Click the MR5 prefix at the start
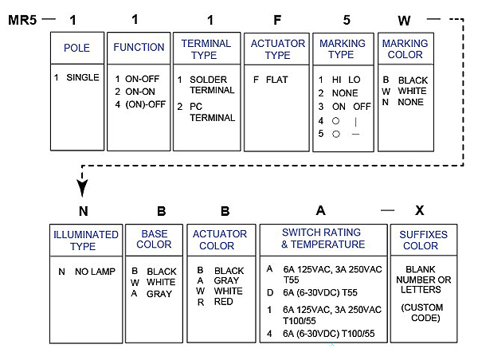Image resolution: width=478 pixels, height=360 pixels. pyautogui.click(x=21, y=18)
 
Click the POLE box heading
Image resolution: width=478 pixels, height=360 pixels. pyautogui.click(x=76, y=48)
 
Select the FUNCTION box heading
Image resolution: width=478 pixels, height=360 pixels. pyautogui.click(x=139, y=47)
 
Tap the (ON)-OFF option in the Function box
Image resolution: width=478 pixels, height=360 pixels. pyautogui.click(x=143, y=104)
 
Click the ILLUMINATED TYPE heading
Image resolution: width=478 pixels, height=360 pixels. pyautogui.click(x=85, y=240)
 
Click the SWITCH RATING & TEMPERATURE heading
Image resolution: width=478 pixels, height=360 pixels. pyautogui.click(x=323, y=238)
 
